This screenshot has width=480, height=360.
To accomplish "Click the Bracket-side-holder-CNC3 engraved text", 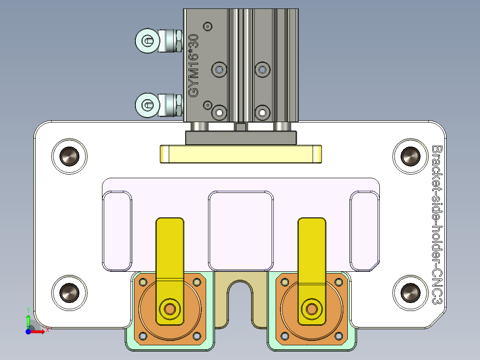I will [x=437, y=225].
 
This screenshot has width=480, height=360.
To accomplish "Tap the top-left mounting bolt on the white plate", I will [x=69, y=156].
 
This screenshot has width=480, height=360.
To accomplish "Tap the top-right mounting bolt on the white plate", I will [x=410, y=156].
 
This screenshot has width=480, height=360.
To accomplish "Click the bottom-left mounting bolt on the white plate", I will [x=69, y=292].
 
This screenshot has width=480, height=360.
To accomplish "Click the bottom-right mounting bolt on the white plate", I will [x=410, y=292].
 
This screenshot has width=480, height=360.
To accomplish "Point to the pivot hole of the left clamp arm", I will [x=170, y=308].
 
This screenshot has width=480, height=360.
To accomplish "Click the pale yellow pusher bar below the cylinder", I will [x=240, y=154].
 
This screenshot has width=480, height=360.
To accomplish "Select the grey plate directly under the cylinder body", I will [x=240, y=138].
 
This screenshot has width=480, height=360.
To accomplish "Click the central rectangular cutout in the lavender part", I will [x=240, y=231].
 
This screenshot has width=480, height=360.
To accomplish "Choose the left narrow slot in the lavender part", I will [x=118, y=231].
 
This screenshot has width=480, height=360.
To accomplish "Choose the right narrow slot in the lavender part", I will [x=364, y=231].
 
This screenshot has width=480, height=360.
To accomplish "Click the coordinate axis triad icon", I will [x=31, y=325].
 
